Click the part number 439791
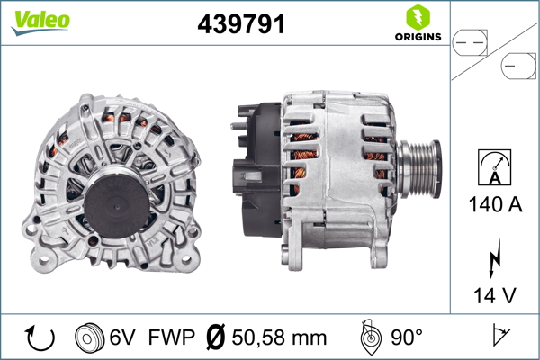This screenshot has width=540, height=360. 241,25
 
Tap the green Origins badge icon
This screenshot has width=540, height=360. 417,16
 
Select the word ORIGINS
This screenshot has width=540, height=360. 417,37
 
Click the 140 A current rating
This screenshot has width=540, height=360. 494,205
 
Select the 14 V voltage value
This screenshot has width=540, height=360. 494,294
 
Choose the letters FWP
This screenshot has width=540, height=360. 172,337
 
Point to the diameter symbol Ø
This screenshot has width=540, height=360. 215,337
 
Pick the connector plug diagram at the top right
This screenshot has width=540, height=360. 494,53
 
